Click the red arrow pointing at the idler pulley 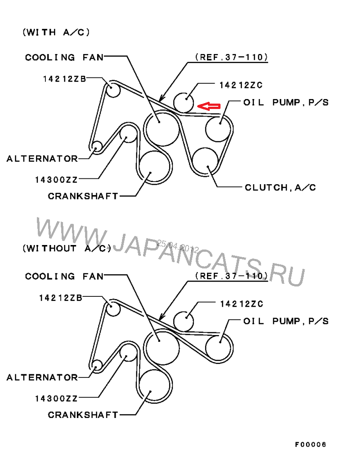(x=209, y=106)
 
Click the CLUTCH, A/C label (x=280, y=188)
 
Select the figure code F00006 (x=310, y=444)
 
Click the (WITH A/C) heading (x=56, y=32)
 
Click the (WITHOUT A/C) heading (x=67, y=249)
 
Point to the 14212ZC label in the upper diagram (x=241, y=85)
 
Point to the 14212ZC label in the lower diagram (x=242, y=304)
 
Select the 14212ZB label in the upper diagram (x=64, y=79)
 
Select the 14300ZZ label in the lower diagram (x=56, y=399)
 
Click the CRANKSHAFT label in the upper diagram (x=83, y=196)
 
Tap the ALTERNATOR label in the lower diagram (x=42, y=377)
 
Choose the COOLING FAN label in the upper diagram (x=64, y=57)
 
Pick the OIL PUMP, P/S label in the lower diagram (x=286, y=321)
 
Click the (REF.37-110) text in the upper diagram (x=231, y=57)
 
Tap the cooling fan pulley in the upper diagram (x=162, y=128)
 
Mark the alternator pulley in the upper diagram (x=96, y=146)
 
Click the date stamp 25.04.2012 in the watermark (x=178, y=246)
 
